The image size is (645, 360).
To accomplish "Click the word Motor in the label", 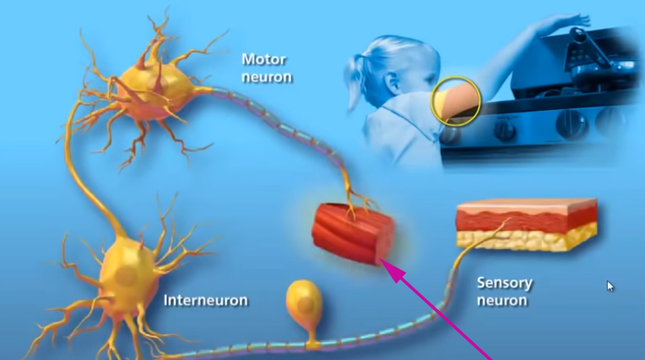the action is click(264, 60).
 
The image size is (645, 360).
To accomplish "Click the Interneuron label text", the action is click(206, 300).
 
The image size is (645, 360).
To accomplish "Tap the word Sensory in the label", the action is click(505, 283).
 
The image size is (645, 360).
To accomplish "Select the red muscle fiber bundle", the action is click(353, 233).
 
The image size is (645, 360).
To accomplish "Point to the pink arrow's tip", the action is click(380, 259).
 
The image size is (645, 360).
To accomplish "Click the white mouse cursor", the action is click(610, 286).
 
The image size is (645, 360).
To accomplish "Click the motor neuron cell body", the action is click(154, 93).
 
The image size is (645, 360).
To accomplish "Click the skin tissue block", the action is click(527, 225).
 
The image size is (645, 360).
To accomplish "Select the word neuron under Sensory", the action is click(502, 300).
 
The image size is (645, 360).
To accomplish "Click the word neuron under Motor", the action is click(267, 77).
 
